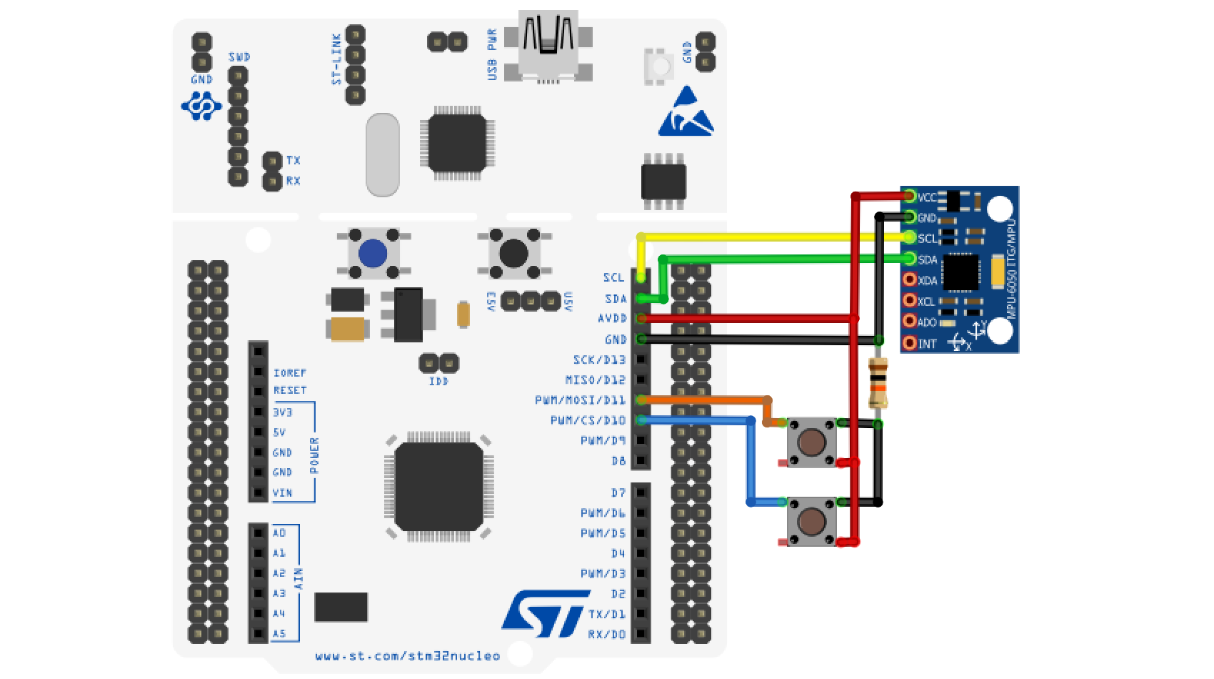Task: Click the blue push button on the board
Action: [373, 253]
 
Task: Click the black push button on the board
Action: [513, 253]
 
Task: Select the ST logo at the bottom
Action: [545, 613]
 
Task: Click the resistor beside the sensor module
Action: [878, 383]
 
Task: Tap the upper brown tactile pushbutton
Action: [812, 442]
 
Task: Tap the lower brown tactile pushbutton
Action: [812, 522]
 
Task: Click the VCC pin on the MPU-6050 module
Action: [910, 196]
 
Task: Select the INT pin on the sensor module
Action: [910, 343]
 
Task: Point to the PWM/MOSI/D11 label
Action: [580, 400]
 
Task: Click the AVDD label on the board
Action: [612, 318]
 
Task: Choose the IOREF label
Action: [289, 373]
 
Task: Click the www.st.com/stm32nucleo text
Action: [407, 655]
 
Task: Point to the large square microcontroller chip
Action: [439, 486]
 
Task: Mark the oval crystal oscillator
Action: [383, 154]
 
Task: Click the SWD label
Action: [239, 57]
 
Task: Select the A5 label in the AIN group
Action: [279, 633]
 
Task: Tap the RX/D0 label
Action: [606, 634]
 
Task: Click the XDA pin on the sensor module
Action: [910, 280]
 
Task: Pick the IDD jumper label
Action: [438, 382]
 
